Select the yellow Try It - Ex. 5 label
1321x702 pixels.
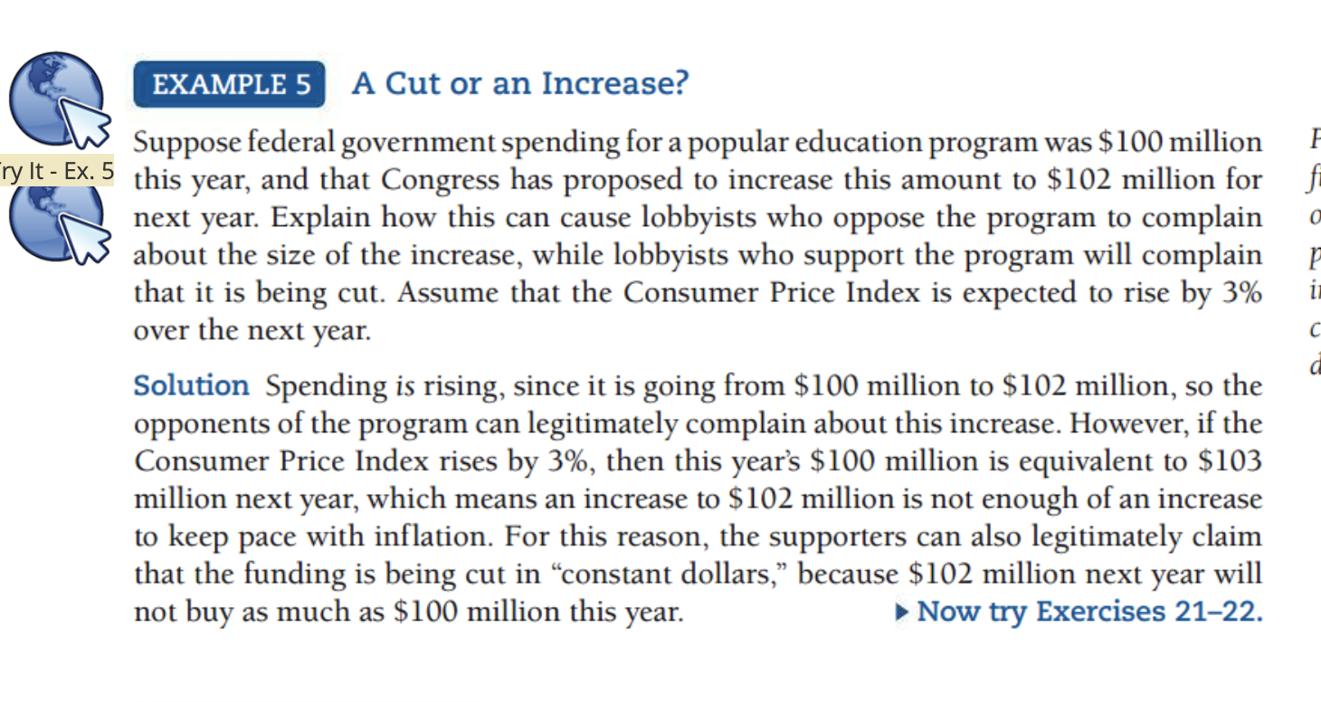point(56,170)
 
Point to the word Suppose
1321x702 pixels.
point(188,143)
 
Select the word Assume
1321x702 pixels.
point(559,293)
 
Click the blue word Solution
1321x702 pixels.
point(191,386)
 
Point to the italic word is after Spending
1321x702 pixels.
point(405,387)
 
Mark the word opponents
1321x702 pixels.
point(198,424)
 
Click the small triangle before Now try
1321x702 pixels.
point(901,612)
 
